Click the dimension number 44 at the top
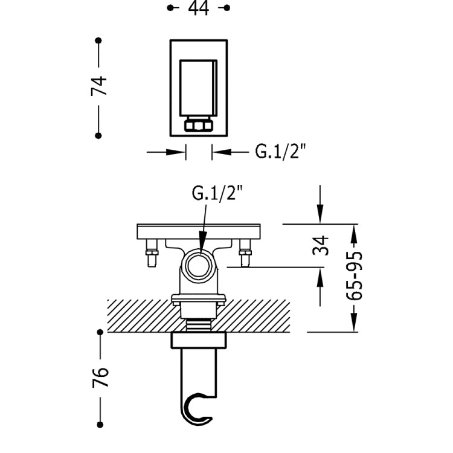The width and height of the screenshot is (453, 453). [x=198, y=8]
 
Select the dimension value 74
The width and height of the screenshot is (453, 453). [x=100, y=86]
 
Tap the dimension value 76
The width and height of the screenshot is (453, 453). [x=101, y=376]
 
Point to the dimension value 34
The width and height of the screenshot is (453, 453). [x=323, y=245]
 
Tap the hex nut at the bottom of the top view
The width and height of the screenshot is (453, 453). [x=199, y=126]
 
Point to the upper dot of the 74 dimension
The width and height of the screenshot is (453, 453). [x=98, y=40]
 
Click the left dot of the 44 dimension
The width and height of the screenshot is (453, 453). [x=170, y=8]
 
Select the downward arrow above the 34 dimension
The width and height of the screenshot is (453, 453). [x=321, y=217]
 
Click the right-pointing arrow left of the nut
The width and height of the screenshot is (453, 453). [x=179, y=152]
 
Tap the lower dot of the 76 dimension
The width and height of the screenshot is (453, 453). [x=98, y=421]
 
